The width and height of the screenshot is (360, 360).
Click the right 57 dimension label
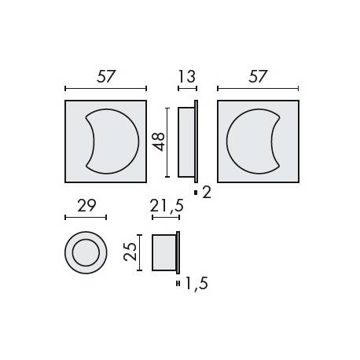[x=257, y=76]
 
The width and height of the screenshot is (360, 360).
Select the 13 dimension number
[x=187, y=76]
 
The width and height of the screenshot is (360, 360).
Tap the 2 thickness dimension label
[x=207, y=192]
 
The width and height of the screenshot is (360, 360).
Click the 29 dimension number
[x=86, y=206]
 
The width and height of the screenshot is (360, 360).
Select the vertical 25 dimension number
[x=130, y=252]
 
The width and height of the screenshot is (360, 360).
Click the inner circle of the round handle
[x=85, y=253]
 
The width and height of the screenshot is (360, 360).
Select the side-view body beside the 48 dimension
[x=187, y=141]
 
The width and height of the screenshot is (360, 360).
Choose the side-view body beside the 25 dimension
[x=164, y=252]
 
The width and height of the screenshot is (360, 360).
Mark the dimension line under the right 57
[x=258, y=89]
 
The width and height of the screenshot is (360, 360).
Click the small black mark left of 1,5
[x=179, y=283]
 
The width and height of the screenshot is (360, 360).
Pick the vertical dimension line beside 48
[x=167, y=141]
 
